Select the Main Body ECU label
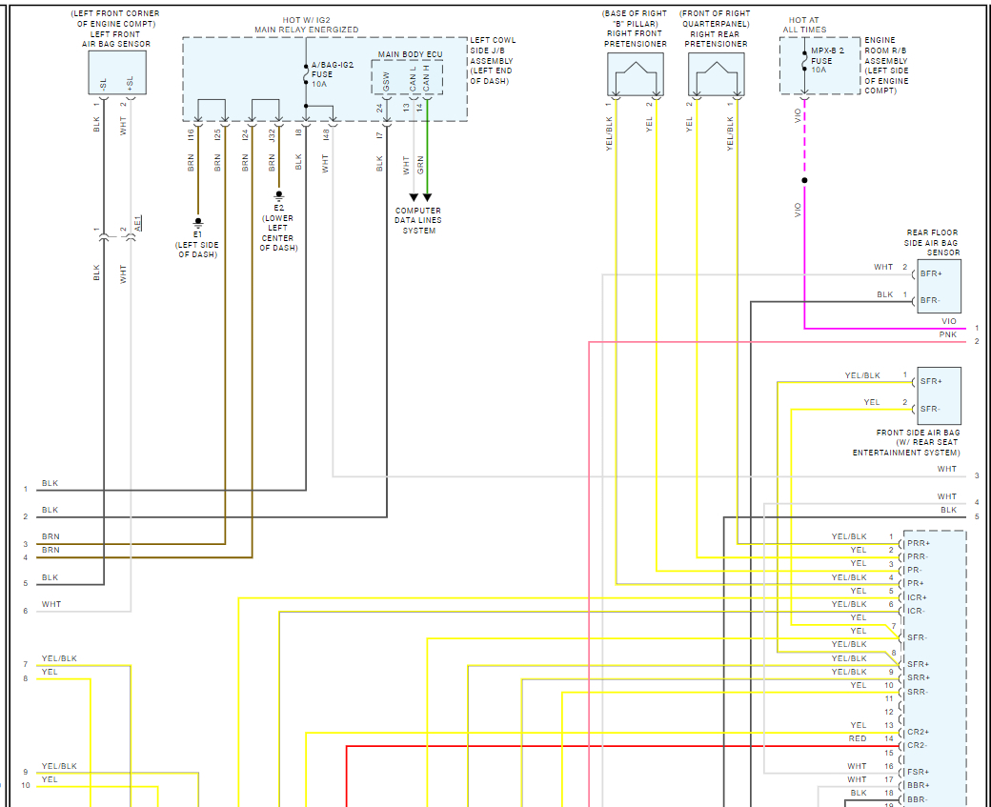409,54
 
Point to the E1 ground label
197,232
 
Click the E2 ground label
278,208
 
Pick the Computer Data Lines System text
418,220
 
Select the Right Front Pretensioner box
635,72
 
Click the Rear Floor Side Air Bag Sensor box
939,286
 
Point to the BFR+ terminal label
930,273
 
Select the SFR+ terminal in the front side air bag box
930,381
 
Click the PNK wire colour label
947,335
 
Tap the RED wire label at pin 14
858,739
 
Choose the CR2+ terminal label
918,732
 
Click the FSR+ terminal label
918,772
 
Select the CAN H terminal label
427,78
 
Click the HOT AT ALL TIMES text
804,25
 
